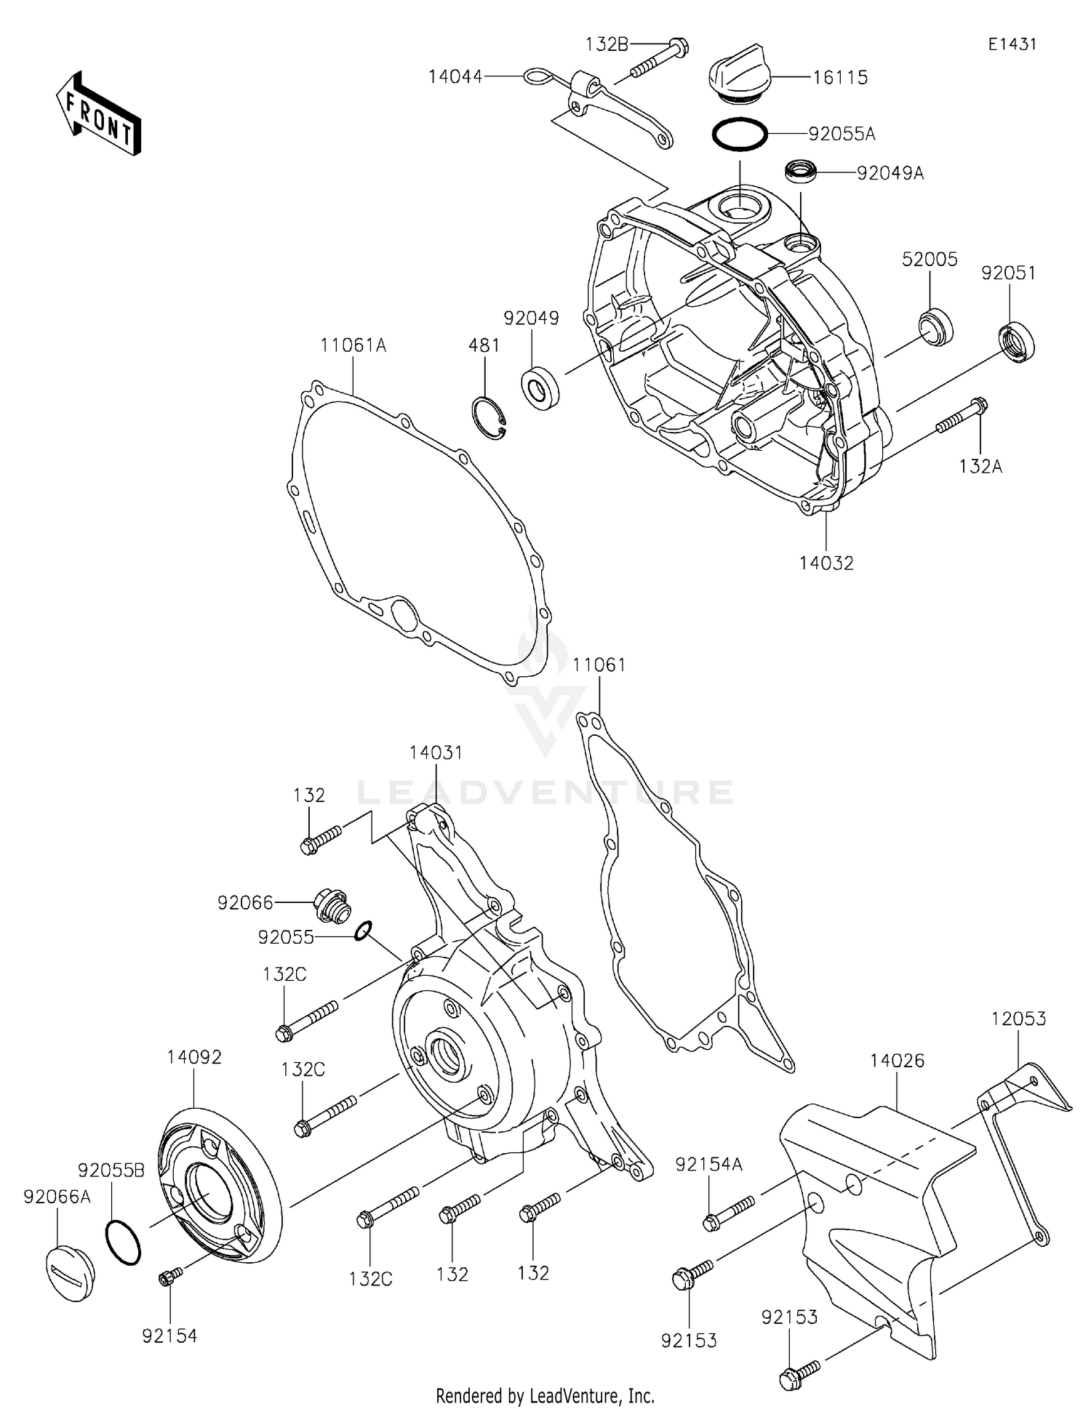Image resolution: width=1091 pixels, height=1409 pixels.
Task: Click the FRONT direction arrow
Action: point(98,114)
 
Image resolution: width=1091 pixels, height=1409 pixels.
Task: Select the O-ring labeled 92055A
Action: point(738,134)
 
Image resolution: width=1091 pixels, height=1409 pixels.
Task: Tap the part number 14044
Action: point(455,76)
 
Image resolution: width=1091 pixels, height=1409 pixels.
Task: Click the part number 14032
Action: point(826,563)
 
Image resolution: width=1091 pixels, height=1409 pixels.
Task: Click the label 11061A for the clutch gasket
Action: point(353,345)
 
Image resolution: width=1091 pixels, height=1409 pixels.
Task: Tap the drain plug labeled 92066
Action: point(332,905)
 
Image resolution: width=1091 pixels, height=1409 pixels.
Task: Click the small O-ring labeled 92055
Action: point(364,931)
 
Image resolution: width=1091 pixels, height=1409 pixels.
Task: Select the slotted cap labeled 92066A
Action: point(70,1273)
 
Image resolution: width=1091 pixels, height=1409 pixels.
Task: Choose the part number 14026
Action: point(897,1061)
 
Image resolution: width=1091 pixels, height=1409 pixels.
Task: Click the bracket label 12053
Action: point(1018,1019)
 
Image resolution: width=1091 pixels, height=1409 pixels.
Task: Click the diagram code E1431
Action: point(1012,44)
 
